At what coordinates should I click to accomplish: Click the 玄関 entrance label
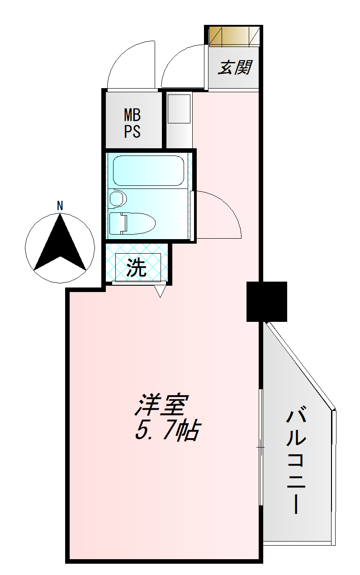point(234,68)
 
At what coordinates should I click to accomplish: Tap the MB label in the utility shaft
point(132,115)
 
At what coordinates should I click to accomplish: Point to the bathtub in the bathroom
point(148,170)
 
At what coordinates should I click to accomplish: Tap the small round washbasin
point(118,198)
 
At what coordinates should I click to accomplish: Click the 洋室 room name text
point(161,405)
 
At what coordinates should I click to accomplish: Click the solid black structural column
point(267,302)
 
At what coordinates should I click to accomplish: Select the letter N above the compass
point(60,206)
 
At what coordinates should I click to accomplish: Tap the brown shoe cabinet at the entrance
point(234,36)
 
